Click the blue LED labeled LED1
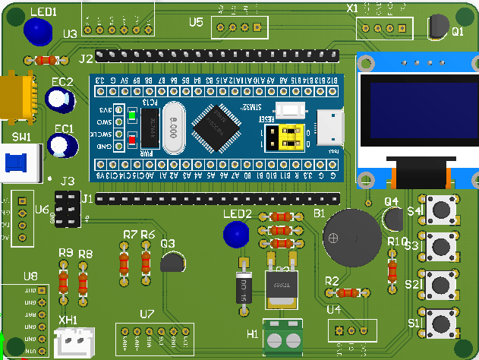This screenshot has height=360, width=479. [36, 31]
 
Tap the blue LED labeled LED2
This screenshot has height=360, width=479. [236, 234]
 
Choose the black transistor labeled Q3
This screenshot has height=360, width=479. [172, 263]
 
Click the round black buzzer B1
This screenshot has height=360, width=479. [348, 238]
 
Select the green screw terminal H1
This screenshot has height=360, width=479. [284, 337]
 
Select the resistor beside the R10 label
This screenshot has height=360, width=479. [392, 270]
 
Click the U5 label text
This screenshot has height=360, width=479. [196, 22]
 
